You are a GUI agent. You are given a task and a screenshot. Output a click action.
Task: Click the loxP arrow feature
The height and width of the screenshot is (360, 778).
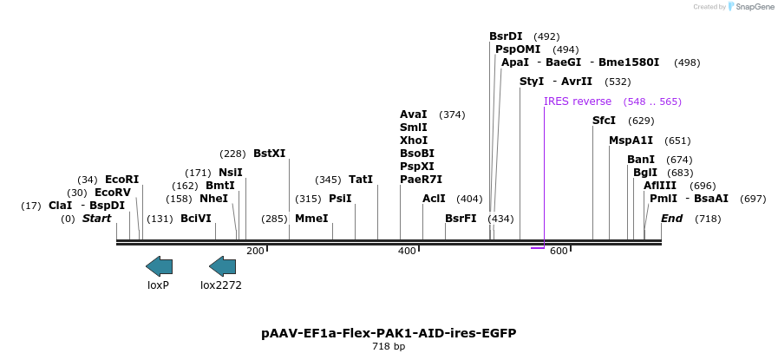159,266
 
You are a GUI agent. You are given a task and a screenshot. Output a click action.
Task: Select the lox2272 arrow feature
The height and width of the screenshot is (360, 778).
222,266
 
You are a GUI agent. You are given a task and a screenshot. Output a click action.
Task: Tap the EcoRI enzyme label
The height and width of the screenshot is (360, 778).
121,180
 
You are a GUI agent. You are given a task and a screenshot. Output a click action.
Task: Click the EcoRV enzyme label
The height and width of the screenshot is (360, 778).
112,193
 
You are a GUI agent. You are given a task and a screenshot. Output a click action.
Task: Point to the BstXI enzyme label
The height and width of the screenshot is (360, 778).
269,154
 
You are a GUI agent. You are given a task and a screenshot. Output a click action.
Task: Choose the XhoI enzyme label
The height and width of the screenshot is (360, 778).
414,141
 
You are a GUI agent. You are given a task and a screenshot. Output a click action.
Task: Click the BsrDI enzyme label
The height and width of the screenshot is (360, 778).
506,36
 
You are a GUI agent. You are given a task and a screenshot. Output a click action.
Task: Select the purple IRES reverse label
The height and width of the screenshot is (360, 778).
578,101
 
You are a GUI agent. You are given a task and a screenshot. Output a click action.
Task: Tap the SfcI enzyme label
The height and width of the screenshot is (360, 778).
604,121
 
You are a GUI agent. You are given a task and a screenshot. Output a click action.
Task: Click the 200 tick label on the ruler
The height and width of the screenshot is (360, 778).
255,252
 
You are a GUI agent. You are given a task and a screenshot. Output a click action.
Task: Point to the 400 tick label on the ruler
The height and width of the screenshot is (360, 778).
407,252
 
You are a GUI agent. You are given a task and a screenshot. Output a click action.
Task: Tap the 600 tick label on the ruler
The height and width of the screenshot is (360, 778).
559,252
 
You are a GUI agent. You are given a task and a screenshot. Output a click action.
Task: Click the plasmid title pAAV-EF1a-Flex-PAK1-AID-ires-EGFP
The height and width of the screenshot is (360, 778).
389,333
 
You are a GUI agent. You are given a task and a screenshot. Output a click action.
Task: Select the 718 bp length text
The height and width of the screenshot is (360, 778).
389,347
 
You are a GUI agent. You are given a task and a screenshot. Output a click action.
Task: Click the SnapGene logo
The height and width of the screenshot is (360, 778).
750,7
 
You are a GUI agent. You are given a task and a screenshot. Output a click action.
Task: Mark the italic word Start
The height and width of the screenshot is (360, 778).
96,219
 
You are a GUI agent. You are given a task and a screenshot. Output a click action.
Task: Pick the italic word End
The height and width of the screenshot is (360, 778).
672,219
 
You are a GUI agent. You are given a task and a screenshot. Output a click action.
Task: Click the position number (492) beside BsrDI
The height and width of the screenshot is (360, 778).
546,36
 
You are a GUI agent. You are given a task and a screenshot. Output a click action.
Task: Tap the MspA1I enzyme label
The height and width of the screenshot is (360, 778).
631,141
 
